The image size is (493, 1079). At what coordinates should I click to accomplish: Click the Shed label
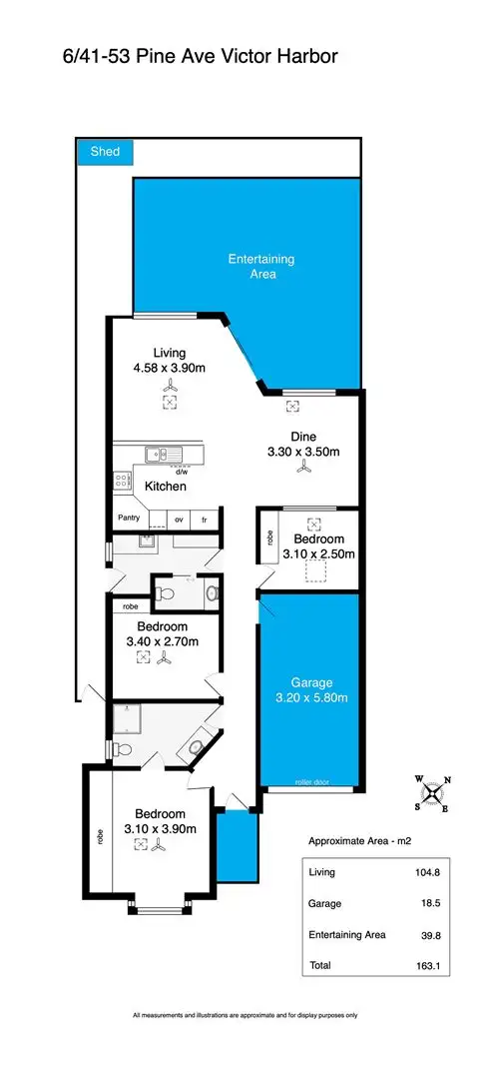pyautogui.click(x=105, y=152)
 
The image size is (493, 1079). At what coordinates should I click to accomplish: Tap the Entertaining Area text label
pyautogui.click(x=261, y=266)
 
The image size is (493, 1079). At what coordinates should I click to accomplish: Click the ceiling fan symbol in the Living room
pyautogui.click(x=171, y=386)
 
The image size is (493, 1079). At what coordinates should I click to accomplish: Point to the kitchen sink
pyautogui.click(x=159, y=455)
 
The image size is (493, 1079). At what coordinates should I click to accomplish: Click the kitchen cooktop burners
pyautogui.click(x=122, y=481)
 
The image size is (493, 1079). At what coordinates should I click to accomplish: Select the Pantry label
pyautogui.click(x=129, y=518)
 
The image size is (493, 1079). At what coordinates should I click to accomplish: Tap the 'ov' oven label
pyautogui.click(x=180, y=520)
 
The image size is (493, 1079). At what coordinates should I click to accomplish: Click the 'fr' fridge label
pyautogui.click(x=206, y=520)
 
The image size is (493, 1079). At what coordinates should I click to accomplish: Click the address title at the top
pyautogui.click(x=200, y=58)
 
